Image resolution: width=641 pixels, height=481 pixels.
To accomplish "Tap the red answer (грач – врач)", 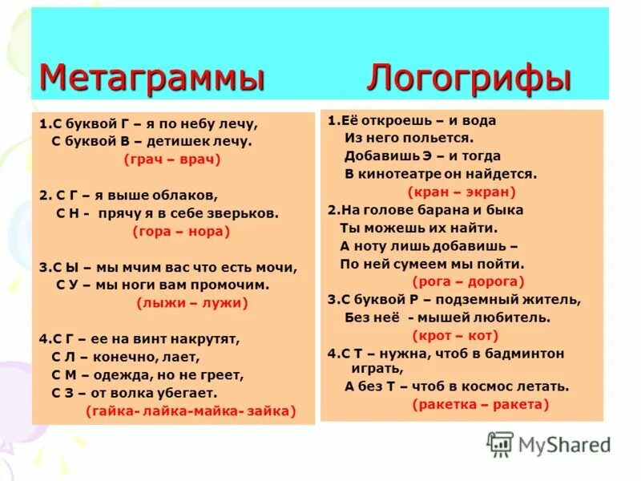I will coord(171,160).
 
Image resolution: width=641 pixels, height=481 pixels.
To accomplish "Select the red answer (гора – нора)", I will coord(180,232).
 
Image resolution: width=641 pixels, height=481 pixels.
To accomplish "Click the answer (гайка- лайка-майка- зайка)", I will coord(191,411).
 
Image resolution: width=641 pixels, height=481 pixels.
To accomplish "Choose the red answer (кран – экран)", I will coord(461,192).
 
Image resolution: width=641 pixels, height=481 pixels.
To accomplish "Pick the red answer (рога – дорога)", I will coord(469,281).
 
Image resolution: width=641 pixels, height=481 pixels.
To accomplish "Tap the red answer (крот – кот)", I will coord(455,335).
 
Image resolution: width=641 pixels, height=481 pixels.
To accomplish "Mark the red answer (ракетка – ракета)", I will coord(481,404).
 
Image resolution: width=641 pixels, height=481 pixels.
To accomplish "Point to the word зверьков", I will coord(240,213).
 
